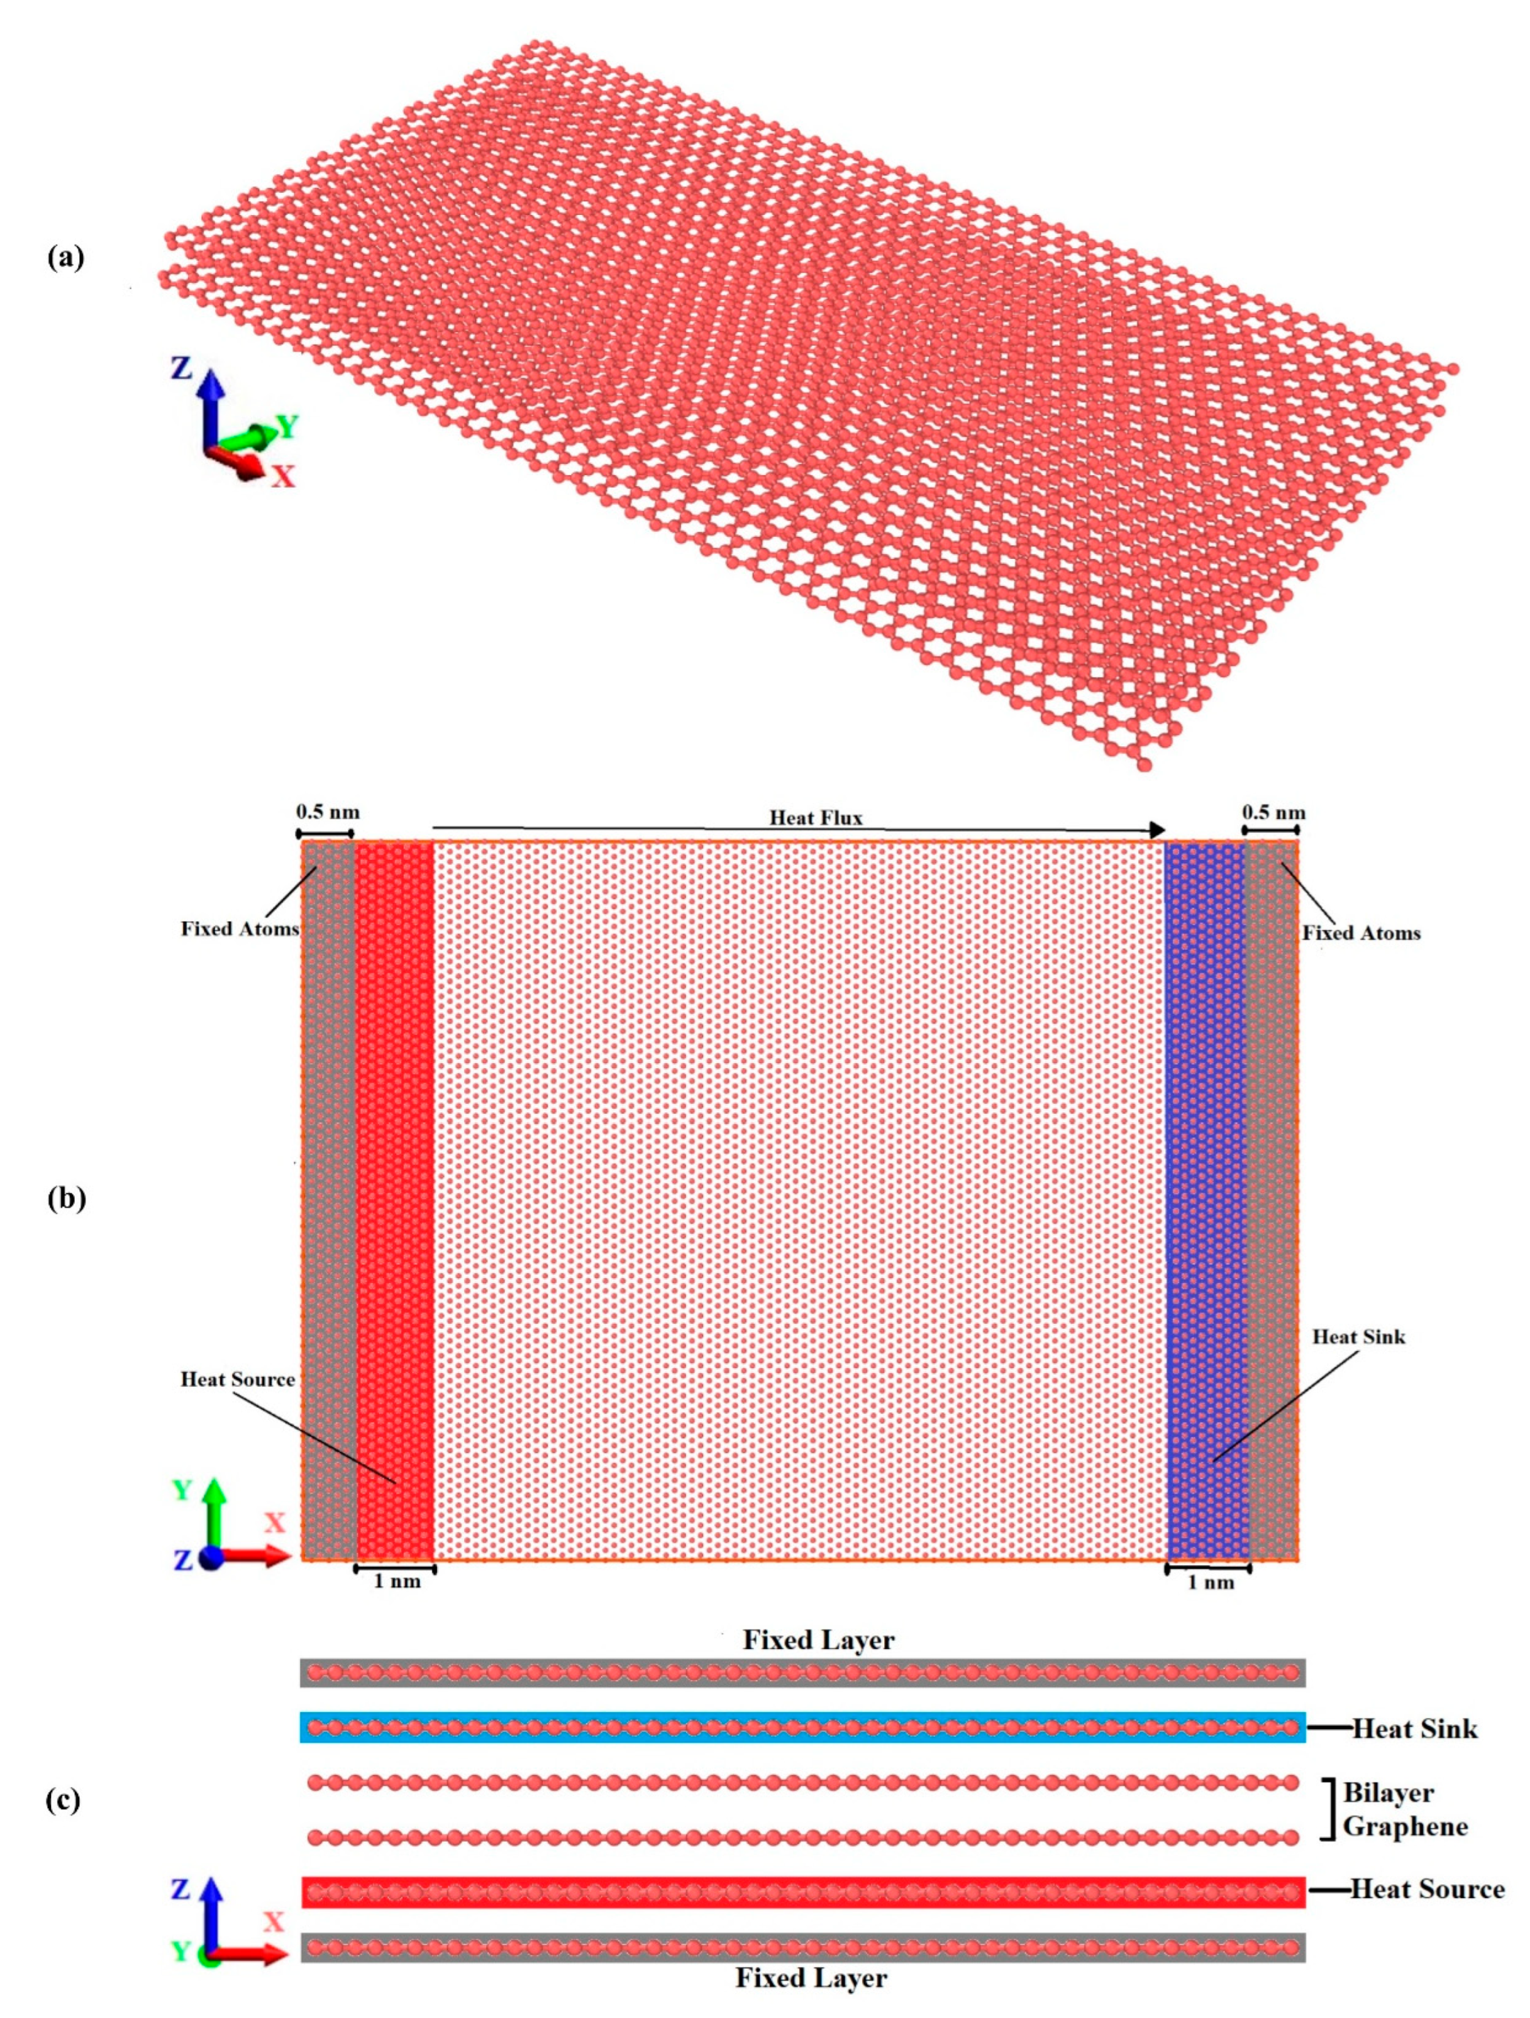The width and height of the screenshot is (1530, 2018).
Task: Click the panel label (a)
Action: tap(65, 258)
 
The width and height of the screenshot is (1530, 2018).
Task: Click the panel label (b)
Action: tap(65, 1198)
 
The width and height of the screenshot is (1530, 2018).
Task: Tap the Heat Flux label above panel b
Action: tap(815, 817)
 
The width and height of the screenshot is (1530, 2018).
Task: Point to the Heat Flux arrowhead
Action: tap(1157, 829)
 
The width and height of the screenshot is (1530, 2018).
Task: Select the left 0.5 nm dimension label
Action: tap(326, 811)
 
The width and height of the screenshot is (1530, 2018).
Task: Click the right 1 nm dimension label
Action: tap(1210, 1582)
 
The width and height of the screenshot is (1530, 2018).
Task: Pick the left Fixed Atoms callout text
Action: tap(239, 929)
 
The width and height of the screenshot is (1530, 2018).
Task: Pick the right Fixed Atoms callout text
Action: tap(1360, 932)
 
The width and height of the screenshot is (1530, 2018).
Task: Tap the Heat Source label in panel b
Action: tap(237, 1379)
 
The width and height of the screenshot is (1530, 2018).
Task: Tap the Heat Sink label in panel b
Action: tap(1358, 1337)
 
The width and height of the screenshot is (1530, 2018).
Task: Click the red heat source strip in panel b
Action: tap(395, 1140)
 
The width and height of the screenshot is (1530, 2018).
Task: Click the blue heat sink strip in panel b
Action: tap(1206, 1140)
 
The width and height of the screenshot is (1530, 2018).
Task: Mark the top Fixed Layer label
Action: tap(818, 1640)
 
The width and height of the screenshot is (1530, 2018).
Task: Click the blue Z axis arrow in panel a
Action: tap(211, 402)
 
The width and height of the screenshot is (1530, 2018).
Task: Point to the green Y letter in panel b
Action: tap(182, 1490)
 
